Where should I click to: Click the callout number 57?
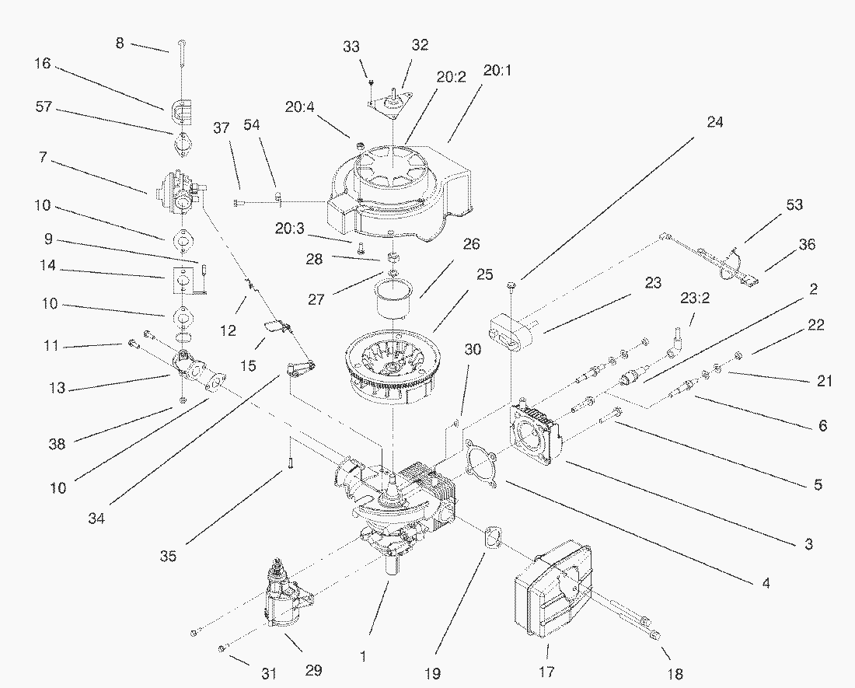coord(43,107)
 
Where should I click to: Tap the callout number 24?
coord(714,121)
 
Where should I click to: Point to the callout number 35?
coord(169,556)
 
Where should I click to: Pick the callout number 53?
coord(794,205)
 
